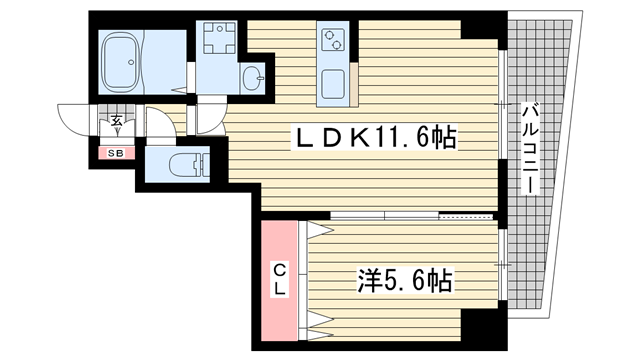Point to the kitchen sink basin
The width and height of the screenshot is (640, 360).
(332, 83)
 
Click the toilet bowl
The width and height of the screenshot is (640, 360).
(186, 165)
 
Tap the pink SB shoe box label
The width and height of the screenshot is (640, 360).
(116, 152)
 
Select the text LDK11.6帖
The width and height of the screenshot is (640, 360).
(372, 137)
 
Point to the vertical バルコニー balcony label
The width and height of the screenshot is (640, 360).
(527, 150)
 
